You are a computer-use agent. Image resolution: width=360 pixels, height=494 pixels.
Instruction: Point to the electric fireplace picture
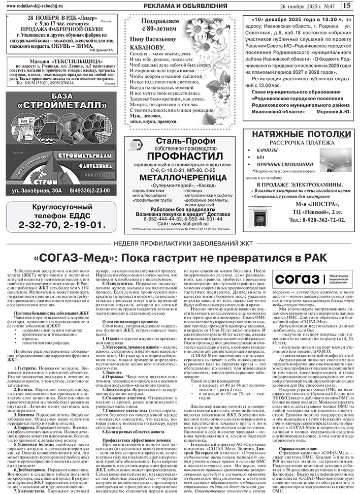[262, 208]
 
